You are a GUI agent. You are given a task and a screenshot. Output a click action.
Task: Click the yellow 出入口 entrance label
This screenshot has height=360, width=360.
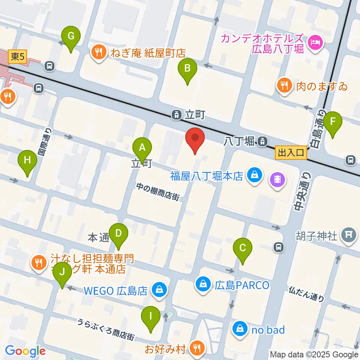point(291,153)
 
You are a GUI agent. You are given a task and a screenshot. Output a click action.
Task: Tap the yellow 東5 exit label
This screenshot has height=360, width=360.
point(18,57)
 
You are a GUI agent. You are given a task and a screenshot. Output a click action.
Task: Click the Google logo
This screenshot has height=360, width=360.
point(25,351)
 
